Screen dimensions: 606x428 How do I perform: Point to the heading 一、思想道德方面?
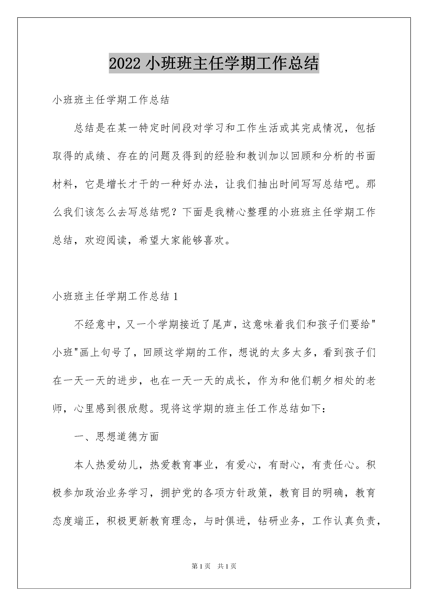117,437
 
